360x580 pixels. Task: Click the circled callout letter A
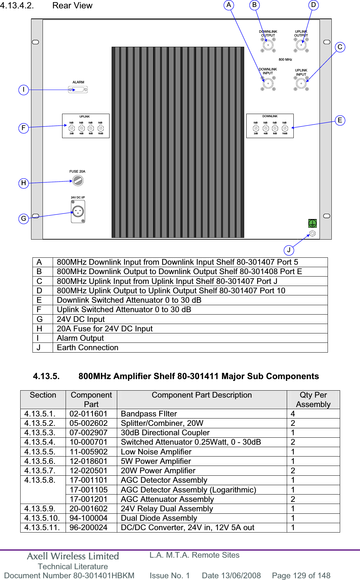click(229, 5)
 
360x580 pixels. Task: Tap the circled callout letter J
click(289, 250)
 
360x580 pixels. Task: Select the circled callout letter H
click(24, 183)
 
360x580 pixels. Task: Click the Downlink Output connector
click(268, 45)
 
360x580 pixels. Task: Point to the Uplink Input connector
click(301, 83)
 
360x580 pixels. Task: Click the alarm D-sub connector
click(78, 90)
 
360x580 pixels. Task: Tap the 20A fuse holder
click(78, 180)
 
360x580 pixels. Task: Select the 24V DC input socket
click(78, 211)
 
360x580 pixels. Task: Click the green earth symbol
click(312, 223)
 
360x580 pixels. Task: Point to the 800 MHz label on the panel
click(285, 60)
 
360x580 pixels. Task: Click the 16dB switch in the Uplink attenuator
click(100, 128)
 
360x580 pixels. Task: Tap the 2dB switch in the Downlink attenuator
click(256, 128)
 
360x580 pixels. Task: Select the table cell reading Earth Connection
click(88, 348)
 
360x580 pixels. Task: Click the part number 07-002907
click(89, 433)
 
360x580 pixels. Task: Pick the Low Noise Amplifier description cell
click(156, 452)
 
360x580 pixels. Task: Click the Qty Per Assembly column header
click(313, 400)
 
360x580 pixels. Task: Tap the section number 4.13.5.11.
click(42, 528)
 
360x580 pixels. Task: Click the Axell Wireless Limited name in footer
click(73, 556)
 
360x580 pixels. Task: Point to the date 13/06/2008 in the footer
click(231, 575)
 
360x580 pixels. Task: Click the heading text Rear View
click(72, 6)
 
